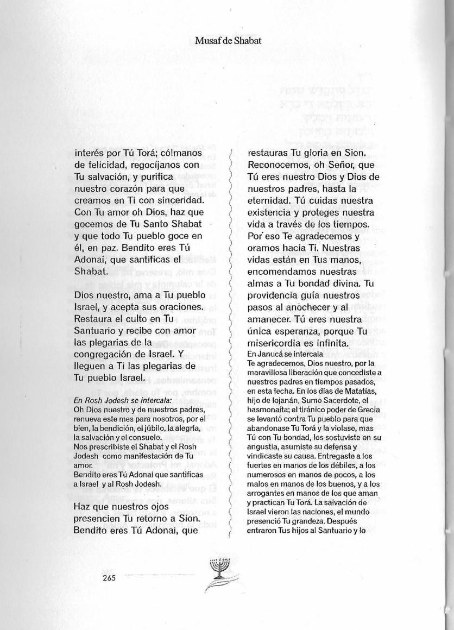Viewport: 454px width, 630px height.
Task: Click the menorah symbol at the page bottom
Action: pos(223,570)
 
